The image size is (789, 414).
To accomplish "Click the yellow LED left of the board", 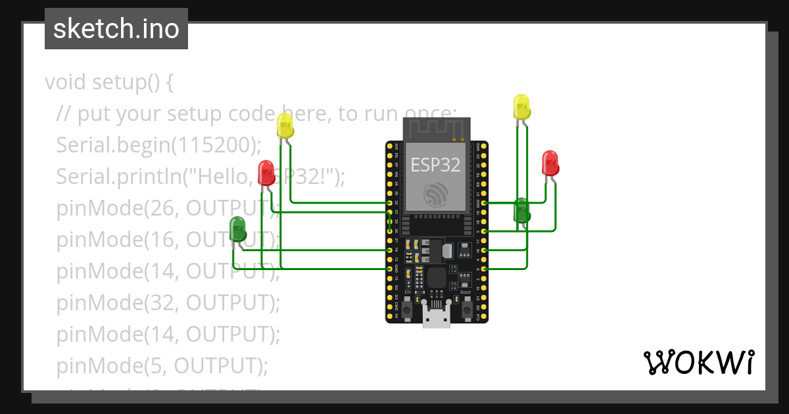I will (285, 126).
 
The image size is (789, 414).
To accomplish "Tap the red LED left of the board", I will (266, 172).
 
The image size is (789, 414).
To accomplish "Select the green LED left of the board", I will (237, 229).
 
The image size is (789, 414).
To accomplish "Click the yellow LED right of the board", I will (521, 107).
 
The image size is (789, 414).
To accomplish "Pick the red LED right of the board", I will (550, 163).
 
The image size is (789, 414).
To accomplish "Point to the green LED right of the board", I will (521, 210).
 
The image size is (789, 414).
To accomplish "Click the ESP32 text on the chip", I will (436, 164).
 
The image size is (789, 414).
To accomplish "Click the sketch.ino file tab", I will (116, 29).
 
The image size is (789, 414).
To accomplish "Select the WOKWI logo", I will (698, 363).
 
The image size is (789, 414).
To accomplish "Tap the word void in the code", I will (66, 83).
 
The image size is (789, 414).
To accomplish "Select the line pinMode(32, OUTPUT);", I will (168, 303).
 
